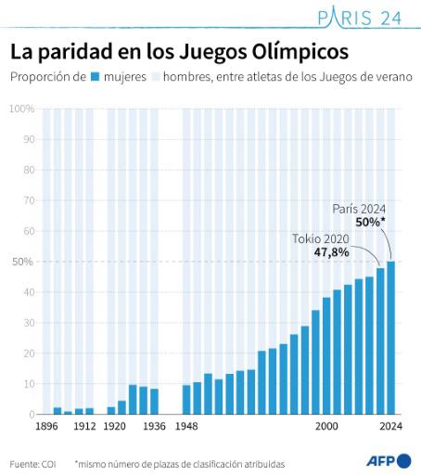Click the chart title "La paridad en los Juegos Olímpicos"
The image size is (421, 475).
[179, 50]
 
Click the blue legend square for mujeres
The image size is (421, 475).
[95, 78]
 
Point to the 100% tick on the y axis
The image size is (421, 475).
[21, 109]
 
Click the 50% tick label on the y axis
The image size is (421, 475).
[21, 262]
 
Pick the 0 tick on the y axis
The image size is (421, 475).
[31, 415]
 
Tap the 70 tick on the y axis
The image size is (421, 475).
[28, 200]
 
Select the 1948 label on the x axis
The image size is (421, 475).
[186, 428]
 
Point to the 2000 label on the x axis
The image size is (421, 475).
[326, 428]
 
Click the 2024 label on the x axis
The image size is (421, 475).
[389, 428]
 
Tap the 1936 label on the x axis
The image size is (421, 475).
[153, 428]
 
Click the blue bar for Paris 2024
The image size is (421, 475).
[390, 338]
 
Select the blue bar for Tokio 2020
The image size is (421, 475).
[380, 341]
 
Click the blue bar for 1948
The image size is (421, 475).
[186, 400]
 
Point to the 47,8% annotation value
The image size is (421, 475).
[332, 251]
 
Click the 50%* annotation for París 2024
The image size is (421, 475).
[370, 223]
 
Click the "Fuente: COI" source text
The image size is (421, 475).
[32, 462]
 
